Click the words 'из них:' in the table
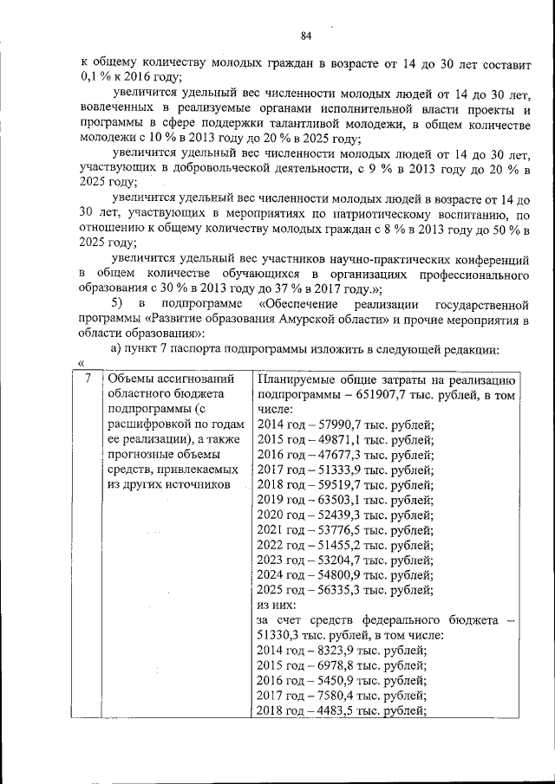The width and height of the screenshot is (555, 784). point(277,605)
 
